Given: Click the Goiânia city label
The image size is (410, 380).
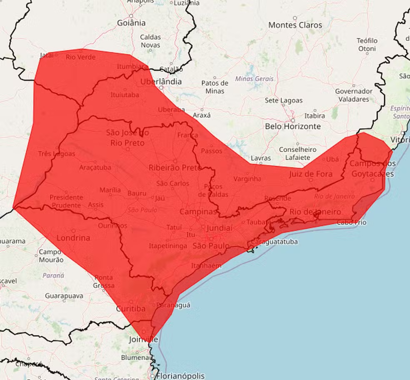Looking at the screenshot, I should pyautogui.click(x=131, y=22).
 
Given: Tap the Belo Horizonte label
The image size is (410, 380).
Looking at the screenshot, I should pyautogui.click(x=293, y=126).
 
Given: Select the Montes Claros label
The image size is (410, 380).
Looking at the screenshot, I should pyautogui.click(x=295, y=25).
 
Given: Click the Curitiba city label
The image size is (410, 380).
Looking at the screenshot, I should pyautogui.click(x=130, y=309).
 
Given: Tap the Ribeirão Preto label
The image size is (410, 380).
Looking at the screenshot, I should pyautogui.click(x=175, y=167).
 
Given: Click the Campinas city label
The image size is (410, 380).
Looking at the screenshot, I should pyautogui.click(x=198, y=212).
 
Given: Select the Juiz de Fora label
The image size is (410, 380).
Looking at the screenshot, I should pyautogui.click(x=310, y=174).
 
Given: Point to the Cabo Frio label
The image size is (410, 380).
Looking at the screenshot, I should pyautogui.click(x=352, y=222).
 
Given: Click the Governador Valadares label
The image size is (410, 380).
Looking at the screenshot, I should pyautogui.click(x=354, y=95).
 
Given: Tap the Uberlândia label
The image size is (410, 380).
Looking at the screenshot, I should pyautogui.click(x=161, y=82).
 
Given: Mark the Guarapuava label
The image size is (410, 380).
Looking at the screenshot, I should pyautogui.click(x=64, y=296).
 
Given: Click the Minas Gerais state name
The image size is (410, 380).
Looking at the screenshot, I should pyautogui.click(x=254, y=78).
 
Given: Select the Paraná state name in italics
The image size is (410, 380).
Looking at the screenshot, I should pyautogui.click(x=53, y=275).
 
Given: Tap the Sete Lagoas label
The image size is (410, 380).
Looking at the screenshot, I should pyautogui.click(x=284, y=101).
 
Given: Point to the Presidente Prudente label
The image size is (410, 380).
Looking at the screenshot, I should pyautogui.click(x=66, y=201).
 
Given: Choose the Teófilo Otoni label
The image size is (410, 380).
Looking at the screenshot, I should pyautogui.click(x=367, y=45).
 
